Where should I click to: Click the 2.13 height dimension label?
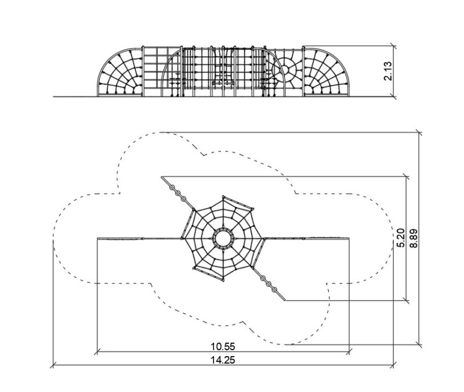[x=387, y=71]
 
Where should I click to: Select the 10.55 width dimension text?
[x=223, y=346]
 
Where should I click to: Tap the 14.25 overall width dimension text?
[x=223, y=360]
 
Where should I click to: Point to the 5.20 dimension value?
[x=401, y=238]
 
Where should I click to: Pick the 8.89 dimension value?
[x=414, y=238]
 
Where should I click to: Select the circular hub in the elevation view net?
[x=284, y=70]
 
